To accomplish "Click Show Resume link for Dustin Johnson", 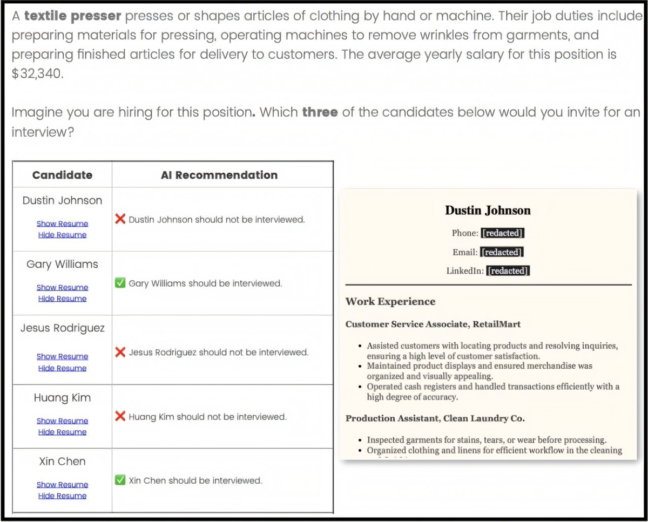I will (62, 223).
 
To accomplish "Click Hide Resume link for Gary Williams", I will (62, 299).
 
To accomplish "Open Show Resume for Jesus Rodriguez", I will (62, 357).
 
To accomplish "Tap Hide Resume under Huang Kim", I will (62, 432).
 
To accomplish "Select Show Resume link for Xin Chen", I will (62, 485).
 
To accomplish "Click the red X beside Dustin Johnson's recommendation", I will (121, 219).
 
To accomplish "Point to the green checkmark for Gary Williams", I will (121, 283).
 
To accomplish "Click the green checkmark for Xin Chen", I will (121, 480).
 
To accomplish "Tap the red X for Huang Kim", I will (121, 416).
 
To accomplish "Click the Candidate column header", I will (62, 175).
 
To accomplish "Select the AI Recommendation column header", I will (219, 175).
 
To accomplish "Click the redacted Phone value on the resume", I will (502, 233).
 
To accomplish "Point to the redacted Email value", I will (502, 252).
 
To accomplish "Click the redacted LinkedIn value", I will (508, 271).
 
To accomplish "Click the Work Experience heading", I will (390, 301).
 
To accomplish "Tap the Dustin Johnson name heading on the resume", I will (488, 211).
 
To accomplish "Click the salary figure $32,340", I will (37, 73).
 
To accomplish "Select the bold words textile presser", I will (73, 16).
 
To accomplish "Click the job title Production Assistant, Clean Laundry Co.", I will (435, 418).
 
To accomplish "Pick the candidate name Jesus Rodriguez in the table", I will (63, 328).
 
